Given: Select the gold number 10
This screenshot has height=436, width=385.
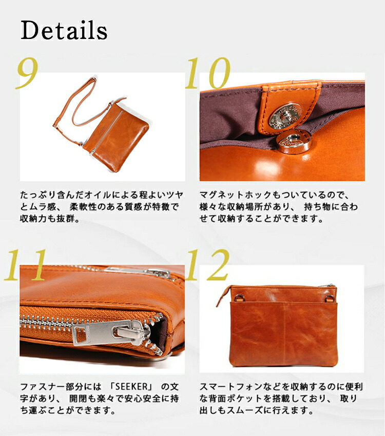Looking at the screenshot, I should click(207, 73).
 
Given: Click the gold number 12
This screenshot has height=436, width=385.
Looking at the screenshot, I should click(207, 265).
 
